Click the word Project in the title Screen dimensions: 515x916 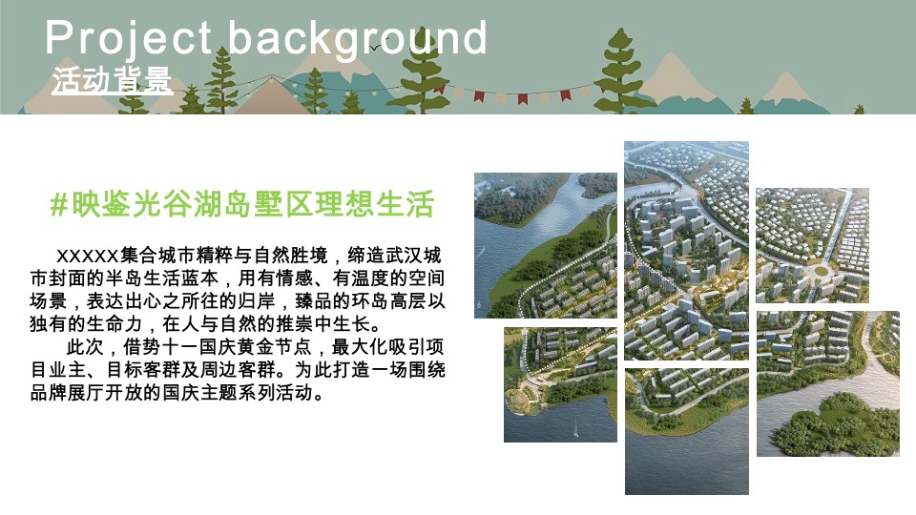pos(128,38)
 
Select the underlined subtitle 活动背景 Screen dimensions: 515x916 pos(113,81)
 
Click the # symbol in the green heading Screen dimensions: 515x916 pos(59,204)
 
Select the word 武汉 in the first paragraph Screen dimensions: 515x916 pos(406,257)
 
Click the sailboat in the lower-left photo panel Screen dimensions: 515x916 pos(575,432)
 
